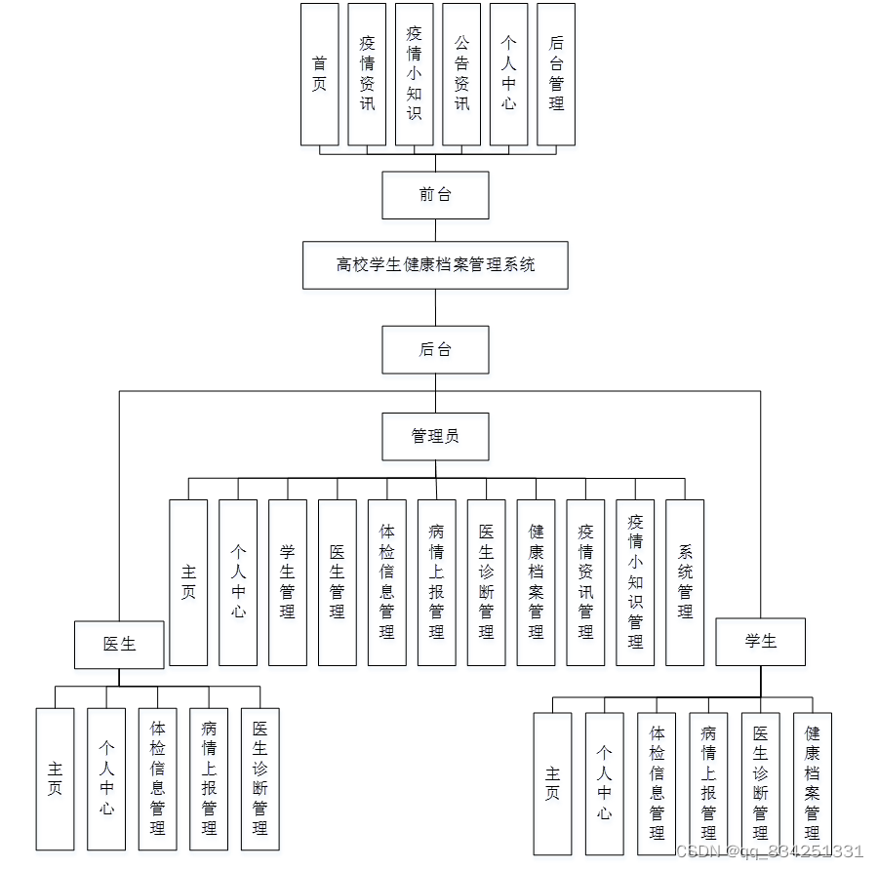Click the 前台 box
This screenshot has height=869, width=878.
click(x=435, y=195)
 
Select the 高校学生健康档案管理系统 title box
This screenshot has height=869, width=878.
click(x=435, y=264)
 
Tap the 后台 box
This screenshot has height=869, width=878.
click(x=435, y=349)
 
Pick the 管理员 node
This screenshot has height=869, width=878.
click(x=435, y=436)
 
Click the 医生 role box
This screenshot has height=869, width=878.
click(x=119, y=644)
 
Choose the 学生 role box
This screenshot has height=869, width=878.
click(x=761, y=642)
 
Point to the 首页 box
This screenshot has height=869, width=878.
click(x=320, y=74)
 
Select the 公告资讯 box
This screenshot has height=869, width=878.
click(x=461, y=74)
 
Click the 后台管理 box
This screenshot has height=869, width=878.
click(x=556, y=74)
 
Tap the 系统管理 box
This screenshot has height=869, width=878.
click(x=685, y=582)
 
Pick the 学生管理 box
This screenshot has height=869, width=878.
click(x=288, y=582)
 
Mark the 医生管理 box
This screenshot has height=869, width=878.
click(x=338, y=582)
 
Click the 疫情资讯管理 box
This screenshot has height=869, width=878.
click(x=585, y=582)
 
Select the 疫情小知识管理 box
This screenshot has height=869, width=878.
click(x=635, y=582)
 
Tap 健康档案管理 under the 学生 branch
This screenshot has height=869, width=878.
click(x=813, y=782)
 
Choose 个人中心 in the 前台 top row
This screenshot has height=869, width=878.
click(x=508, y=74)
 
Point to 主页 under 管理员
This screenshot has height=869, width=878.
click(x=188, y=582)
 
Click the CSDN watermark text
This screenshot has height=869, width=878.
click(x=770, y=851)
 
